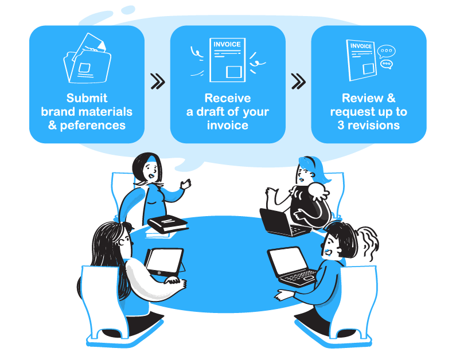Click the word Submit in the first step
point(87,98)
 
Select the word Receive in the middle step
point(228,98)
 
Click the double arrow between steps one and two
point(157,81)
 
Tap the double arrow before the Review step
point(298,81)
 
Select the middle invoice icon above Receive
point(228,59)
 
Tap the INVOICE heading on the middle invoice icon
point(227,45)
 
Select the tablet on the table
point(164,261)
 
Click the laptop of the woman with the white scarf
point(282,222)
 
